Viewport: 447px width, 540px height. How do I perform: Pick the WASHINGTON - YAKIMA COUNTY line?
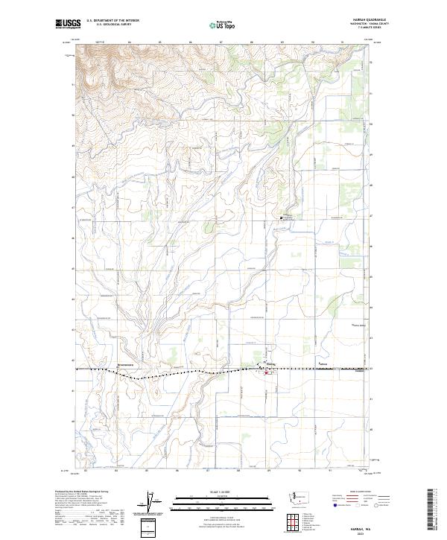coord(355,25)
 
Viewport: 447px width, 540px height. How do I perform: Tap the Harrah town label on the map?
coord(270,364)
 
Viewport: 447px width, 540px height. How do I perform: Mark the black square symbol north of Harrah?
coord(282,217)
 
